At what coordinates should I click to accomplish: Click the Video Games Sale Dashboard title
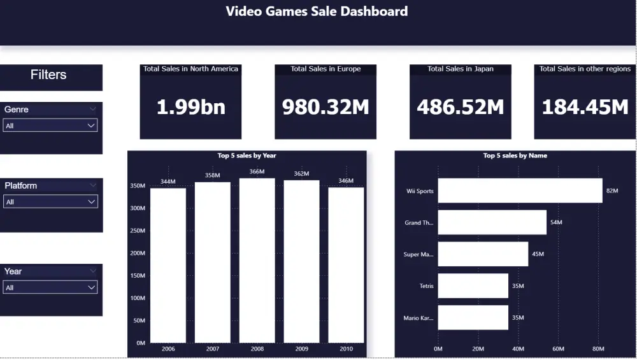(317, 11)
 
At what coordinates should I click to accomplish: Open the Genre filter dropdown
(50, 126)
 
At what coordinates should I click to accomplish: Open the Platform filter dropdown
(50, 202)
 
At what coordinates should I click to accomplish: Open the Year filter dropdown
(50, 288)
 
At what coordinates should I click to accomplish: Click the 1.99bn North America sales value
(190, 107)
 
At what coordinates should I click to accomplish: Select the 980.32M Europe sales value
(326, 107)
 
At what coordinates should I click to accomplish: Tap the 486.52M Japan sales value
(460, 107)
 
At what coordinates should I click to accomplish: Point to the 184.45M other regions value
(585, 107)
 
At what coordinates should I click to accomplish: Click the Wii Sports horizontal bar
(520, 191)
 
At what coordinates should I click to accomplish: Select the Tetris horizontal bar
(473, 286)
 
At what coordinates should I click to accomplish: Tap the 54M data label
(556, 222)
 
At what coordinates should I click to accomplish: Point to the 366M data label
(257, 172)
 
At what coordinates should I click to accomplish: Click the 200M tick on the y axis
(138, 253)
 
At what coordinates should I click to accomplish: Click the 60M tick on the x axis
(558, 349)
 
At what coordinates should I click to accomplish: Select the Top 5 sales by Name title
(515, 155)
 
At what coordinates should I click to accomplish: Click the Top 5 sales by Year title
(247, 155)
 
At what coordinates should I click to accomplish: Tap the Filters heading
(48, 75)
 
